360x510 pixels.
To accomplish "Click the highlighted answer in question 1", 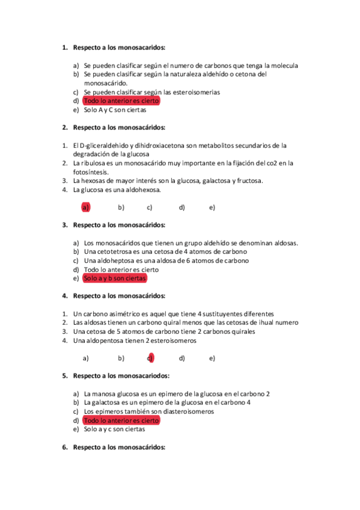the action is point(121,101).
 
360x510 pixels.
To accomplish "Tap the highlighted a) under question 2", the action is point(86,207).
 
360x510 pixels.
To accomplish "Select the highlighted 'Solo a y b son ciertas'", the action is point(114,279).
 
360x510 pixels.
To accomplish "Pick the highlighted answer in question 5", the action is point(121,421).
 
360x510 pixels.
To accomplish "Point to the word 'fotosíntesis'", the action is point(90,171).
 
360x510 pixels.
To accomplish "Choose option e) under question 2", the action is point(212,207).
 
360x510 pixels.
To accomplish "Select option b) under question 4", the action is point(121,358).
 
